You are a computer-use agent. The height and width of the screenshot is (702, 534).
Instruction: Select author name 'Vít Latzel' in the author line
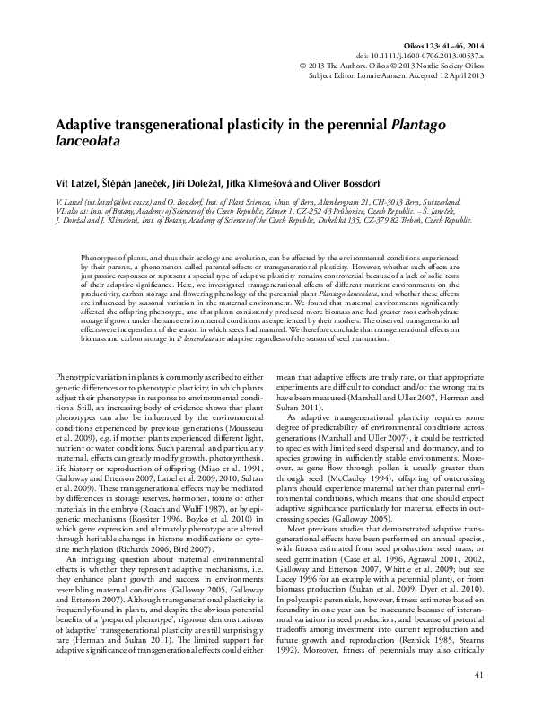pos(77,179)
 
